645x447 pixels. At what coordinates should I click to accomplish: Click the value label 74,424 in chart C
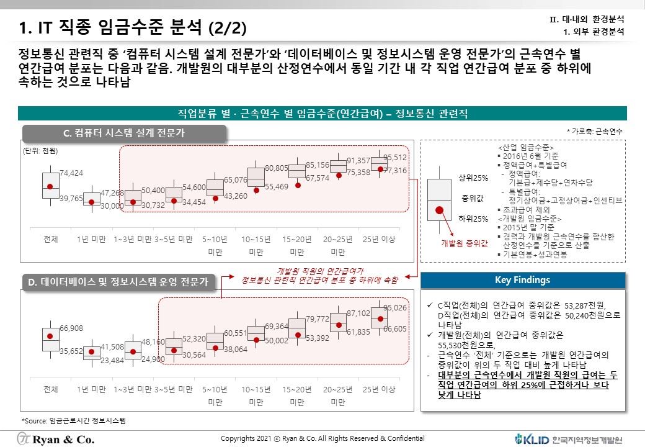(71, 173)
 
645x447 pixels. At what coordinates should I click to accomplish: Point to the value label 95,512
(395, 158)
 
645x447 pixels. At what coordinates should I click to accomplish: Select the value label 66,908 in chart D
(71, 328)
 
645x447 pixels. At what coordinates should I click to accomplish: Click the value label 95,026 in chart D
(395, 308)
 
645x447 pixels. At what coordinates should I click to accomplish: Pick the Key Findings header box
(522, 280)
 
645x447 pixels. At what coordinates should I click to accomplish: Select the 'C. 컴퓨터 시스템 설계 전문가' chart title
(124, 133)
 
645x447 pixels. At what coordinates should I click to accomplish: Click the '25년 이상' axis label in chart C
(379, 239)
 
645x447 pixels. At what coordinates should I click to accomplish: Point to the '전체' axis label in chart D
(51, 389)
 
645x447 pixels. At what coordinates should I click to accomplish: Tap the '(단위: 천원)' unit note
(40, 151)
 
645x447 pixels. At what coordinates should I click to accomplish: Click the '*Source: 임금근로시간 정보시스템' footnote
(73, 420)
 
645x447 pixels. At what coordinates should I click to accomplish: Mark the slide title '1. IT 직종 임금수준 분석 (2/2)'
(133, 27)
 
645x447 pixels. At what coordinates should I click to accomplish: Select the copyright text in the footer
(322, 438)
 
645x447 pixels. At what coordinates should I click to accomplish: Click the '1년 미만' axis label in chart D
(91, 389)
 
